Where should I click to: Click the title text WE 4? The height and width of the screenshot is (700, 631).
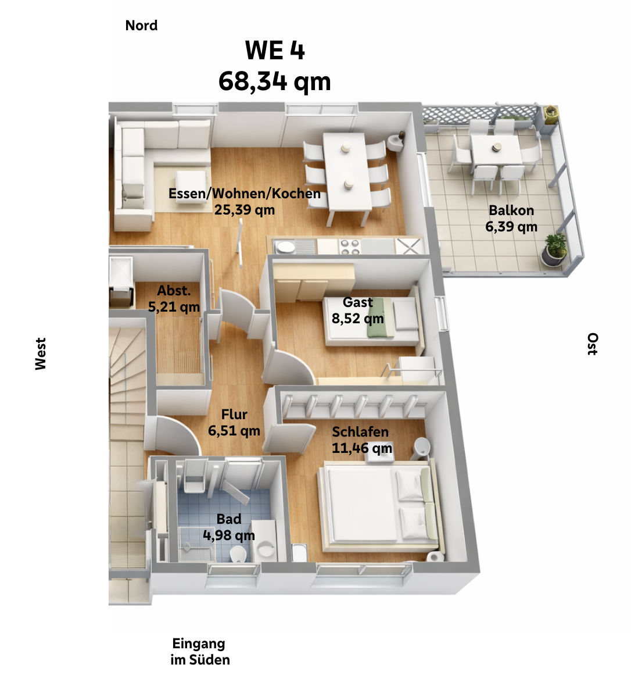pyautogui.click(x=274, y=51)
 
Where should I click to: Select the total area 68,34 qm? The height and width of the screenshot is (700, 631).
pyautogui.click(x=274, y=81)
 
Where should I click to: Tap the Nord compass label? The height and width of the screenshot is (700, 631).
pyautogui.click(x=141, y=26)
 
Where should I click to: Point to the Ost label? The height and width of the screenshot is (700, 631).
pyautogui.click(x=591, y=344)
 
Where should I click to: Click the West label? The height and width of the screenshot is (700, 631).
pyautogui.click(x=40, y=353)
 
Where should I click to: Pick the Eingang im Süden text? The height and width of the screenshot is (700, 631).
pyautogui.click(x=199, y=652)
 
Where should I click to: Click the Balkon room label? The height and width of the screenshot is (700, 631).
pyautogui.click(x=511, y=210)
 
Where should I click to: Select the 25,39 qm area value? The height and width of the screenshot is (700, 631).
pyautogui.click(x=244, y=210)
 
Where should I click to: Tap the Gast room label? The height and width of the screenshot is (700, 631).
pyautogui.click(x=357, y=302)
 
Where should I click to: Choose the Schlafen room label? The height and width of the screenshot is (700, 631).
pyautogui.click(x=360, y=432)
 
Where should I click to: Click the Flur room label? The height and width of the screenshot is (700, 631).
pyautogui.click(x=234, y=415)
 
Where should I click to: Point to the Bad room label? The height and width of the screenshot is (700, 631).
pyautogui.click(x=228, y=519)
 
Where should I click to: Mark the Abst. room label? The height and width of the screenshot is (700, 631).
pyautogui.click(x=174, y=291)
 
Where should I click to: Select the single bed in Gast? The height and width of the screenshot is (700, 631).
pyautogui.click(x=372, y=321)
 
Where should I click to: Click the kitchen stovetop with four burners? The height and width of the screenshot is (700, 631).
pyautogui.click(x=349, y=247)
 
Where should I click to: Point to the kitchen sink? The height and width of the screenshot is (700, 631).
pyautogui.click(x=285, y=247)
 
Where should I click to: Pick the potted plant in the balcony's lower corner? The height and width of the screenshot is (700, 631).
pyautogui.click(x=555, y=249)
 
